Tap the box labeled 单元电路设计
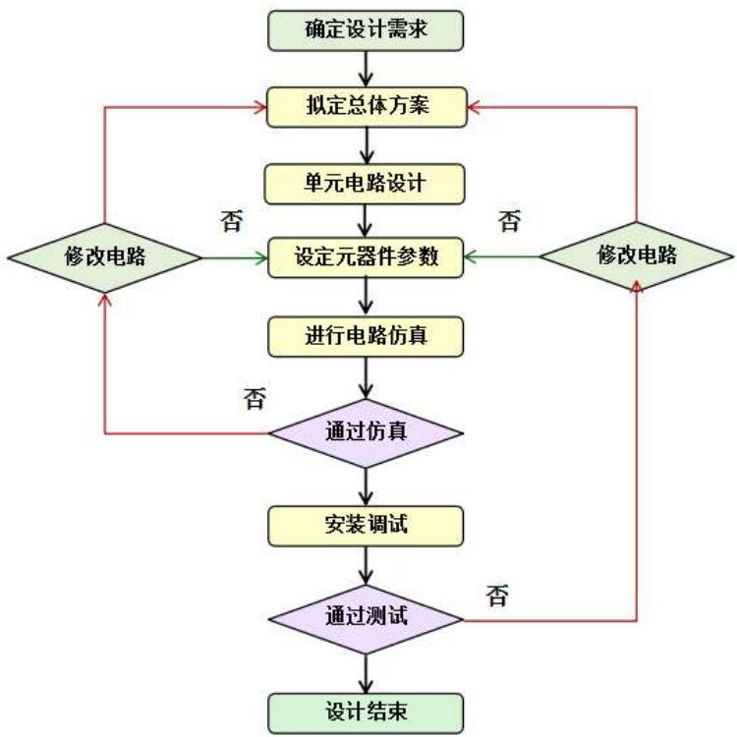366,182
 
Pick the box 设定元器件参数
366,258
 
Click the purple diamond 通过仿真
366,430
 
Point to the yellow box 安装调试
366,526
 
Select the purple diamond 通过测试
366,621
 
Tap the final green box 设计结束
366,709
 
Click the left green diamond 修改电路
103,258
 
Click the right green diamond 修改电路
637,256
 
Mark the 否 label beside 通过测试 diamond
497,596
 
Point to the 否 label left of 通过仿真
254,398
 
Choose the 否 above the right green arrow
509,220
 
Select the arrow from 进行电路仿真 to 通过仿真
366,378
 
